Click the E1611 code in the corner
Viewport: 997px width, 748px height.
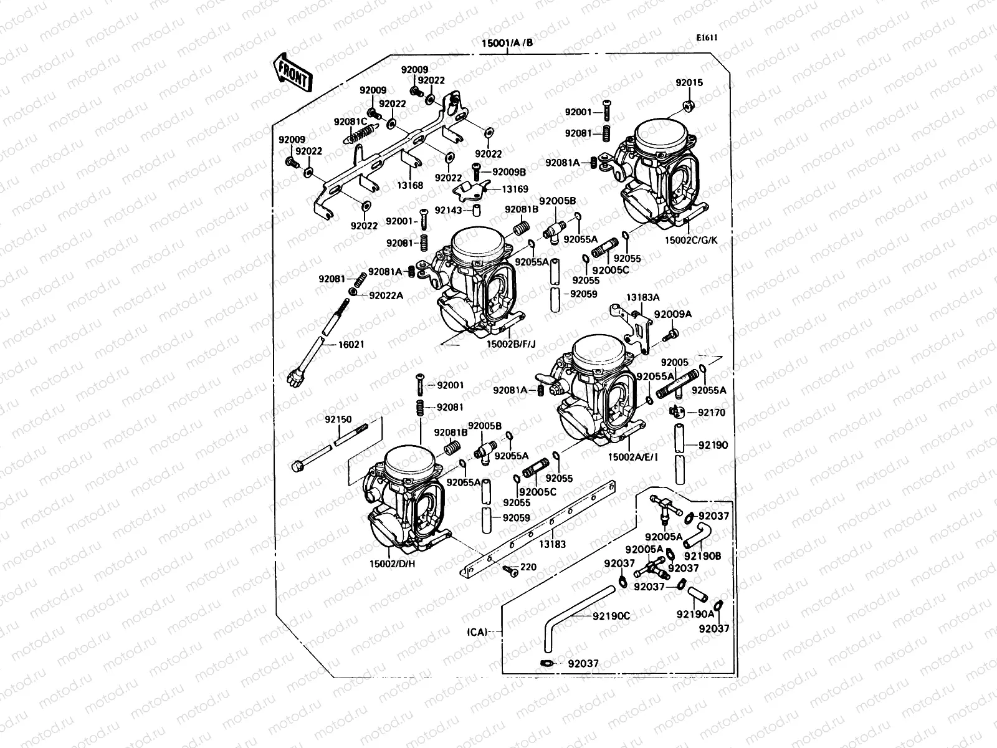tap(707, 37)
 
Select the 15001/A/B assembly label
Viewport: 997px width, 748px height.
tap(507, 44)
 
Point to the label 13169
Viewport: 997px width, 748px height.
tap(515, 189)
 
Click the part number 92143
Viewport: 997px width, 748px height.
tap(449, 211)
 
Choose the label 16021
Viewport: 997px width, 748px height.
tap(351, 344)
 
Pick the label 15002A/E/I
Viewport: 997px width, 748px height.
tap(633, 457)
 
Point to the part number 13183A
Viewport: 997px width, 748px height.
tap(643, 298)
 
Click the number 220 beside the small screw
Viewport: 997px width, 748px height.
tap(528, 567)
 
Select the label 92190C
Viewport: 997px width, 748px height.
tap(611, 616)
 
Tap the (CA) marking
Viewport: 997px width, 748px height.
tap(477, 632)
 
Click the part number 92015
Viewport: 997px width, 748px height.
tap(689, 82)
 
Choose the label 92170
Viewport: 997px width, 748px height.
tap(712, 413)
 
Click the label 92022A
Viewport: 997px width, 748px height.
tap(386, 295)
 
